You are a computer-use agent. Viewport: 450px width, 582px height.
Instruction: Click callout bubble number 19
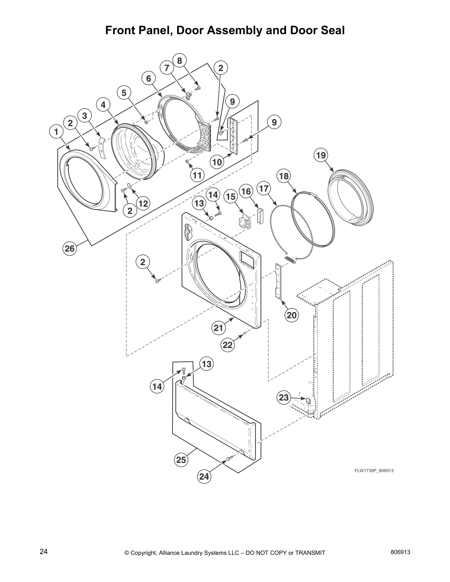click(321, 155)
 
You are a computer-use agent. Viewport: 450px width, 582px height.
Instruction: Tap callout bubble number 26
click(69, 249)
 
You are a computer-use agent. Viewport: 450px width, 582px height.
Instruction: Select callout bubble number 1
click(56, 132)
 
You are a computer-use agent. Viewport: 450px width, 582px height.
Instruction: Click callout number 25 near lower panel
click(181, 460)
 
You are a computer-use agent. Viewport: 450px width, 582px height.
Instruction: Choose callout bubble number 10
click(217, 162)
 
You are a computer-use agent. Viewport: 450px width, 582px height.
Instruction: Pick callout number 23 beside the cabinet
click(284, 397)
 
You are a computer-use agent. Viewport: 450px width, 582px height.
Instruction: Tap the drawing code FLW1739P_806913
click(374, 471)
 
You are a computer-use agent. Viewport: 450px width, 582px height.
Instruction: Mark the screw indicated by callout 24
click(228, 458)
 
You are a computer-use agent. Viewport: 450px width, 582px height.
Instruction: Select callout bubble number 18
click(284, 176)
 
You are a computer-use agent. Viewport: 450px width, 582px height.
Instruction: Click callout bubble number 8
click(179, 60)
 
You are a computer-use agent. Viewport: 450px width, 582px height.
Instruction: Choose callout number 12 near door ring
click(143, 203)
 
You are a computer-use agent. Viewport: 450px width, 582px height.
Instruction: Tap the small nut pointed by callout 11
click(187, 161)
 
